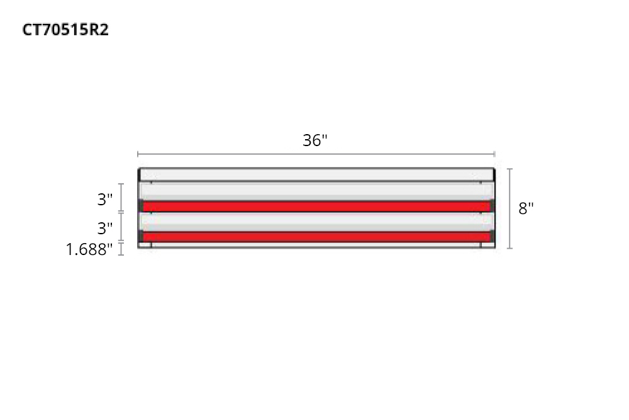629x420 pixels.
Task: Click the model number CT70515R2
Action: [65, 30]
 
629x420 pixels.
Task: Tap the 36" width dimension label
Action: [315, 140]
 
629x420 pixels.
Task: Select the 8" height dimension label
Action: [526, 208]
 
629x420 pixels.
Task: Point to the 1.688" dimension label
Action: [90, 250]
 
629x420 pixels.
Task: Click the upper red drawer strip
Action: [316, 207]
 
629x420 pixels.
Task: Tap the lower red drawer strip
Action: [316, 237]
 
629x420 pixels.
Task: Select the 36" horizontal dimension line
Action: [316, 154]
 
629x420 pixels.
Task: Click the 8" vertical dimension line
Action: [509, 208]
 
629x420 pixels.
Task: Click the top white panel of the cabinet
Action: [316, 174]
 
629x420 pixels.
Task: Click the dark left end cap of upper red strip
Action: [141, 206]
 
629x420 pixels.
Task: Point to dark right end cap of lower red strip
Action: [493, 237]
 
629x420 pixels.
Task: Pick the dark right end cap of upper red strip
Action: [493, 206]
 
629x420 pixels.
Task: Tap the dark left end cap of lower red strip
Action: [141, 237]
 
